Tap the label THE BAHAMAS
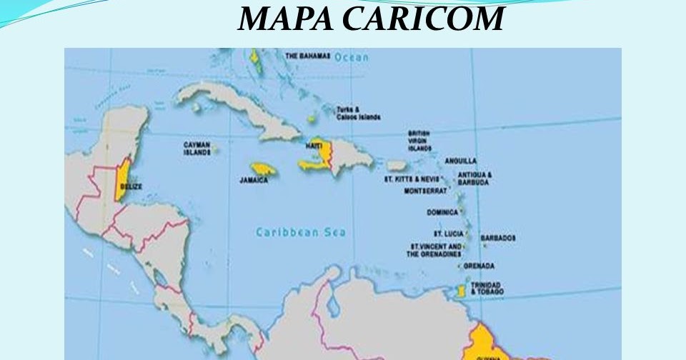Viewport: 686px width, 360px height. [x=307, y=55]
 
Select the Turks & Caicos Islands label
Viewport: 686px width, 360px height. [x=358, y=113]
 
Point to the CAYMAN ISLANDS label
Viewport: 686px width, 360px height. [x=197, y=148]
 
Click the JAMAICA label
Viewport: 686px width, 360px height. [x=254, y=180]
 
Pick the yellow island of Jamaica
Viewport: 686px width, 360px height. [x=264, y=169]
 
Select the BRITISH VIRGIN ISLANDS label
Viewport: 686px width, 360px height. [x=419, y=140]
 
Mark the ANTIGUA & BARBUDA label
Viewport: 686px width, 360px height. [x=474, y=178]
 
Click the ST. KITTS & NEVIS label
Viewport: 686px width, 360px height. [x=412, y=179]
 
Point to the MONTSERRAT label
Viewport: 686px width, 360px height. [x=425, y=191]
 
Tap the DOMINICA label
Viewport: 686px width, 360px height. [x=442, y=212]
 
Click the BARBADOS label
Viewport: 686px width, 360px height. [x=498, y=237]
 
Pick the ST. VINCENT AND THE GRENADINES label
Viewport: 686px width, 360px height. [x=435, y=249]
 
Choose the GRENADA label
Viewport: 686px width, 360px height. [x=479, y=266]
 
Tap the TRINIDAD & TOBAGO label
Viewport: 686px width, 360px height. [x=487, y=288]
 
